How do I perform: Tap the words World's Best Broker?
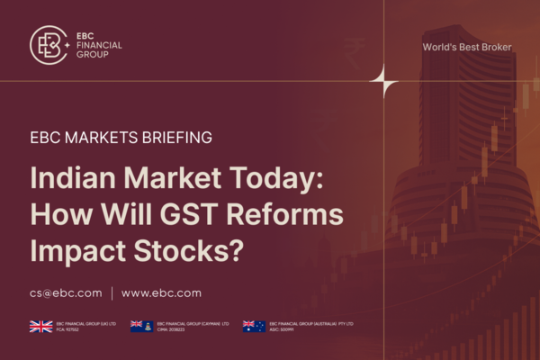[466, 47]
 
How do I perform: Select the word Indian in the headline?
[69, 178]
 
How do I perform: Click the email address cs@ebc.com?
[66, 292]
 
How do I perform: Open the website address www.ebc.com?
[161, 292]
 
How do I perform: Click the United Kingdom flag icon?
[40, 327]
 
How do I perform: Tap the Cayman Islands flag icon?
[141, 327]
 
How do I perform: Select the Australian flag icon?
[254, 327]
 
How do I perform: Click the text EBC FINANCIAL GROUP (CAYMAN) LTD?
[193, 324]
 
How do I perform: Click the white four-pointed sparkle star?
[384, 82]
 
